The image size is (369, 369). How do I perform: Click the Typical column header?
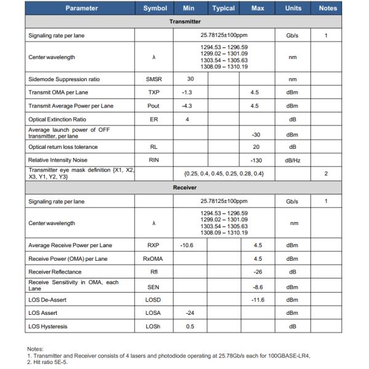tap(223, 9)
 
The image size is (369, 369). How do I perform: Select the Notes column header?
tap(328, 9)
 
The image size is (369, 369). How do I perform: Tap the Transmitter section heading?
tap(185, 21)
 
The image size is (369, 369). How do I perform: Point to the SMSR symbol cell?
tap(155, 79)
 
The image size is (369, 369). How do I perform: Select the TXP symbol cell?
tap(155, 92)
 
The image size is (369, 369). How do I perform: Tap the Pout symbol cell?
tap(155, 105)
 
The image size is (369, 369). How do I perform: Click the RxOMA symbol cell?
tap(155, 259)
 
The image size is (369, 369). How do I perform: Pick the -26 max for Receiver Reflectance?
tap(258, 272)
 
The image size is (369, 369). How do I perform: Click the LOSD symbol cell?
tap(155, 299)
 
